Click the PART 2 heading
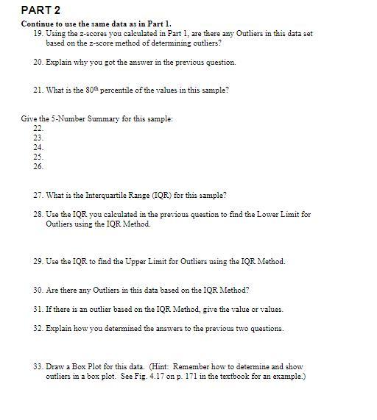41,10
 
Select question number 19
38,34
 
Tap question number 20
38,63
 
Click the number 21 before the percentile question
38,90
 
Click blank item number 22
38,128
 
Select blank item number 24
38,147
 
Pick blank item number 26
38,166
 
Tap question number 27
38,196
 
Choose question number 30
38,290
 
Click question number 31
38,309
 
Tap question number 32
38,328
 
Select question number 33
38,366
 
